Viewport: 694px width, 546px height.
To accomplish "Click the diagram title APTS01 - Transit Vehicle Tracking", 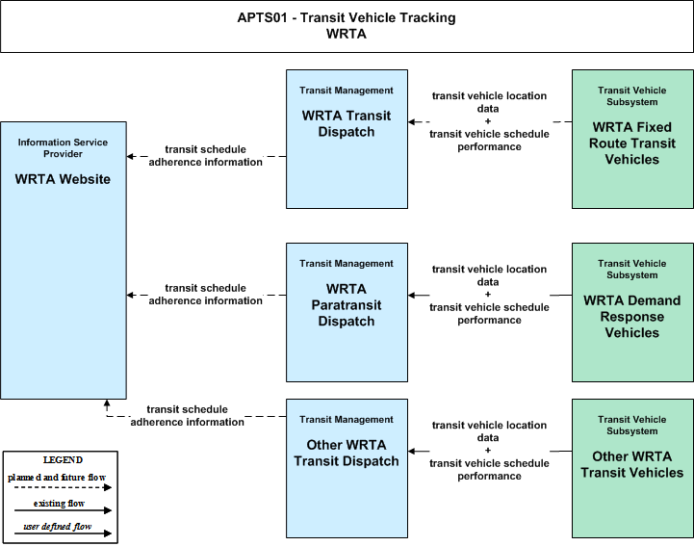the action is pyautogui.click(x=347, y=17).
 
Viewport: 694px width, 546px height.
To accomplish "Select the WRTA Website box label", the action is pyautogui.click(x=63, y=179).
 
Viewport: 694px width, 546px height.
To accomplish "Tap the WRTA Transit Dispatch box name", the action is pyautogui.click(x=347, y=123).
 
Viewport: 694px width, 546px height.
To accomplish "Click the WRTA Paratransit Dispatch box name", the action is pyautogui.click(x=347, y=304).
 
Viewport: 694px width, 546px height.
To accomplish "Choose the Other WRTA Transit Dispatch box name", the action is pyautogui.click(x=347, y=453).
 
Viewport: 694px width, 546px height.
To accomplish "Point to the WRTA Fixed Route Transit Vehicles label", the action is pyautogui.click(x=632, y=143).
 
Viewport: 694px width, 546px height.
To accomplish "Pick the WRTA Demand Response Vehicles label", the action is pyautogui.click(x=632, y=316).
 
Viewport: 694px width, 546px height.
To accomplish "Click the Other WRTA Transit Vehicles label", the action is pyautogui.click(x=632, y=464).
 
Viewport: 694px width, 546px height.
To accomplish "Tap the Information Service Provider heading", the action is pyautogui.click(x=63, y=148).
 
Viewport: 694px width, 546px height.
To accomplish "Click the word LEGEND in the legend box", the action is pyautogui.click(x=63, y=459).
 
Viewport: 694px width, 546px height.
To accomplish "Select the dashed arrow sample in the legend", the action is pyautogui.click(x=63, y=487).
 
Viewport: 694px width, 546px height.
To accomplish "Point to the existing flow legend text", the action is pyautogui.click(x=59, y=503).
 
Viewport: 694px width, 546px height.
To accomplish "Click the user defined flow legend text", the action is pyautogui.click(x=58, y=526).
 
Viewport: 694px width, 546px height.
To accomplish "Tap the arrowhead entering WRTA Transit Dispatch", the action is pyautogui.click(x=412, y=121).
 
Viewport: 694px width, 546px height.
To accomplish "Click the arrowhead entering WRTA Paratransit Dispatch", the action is pyautogui.click(x=412, y=295).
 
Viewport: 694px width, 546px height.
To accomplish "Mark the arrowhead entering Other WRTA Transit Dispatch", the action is pyautogui.click(x=412, y=452).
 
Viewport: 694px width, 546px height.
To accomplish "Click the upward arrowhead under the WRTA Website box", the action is pyautogui.click(x=107, y=403).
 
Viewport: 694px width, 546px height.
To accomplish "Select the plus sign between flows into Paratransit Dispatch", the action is pyautogui.click(x=488, y=294).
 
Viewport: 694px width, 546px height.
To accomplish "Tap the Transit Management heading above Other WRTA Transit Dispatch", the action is pyautogui.click(x=347, y=419).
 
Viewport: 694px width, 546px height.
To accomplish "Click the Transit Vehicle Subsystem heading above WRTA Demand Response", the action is pyautogui.click(x=632, y=270).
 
